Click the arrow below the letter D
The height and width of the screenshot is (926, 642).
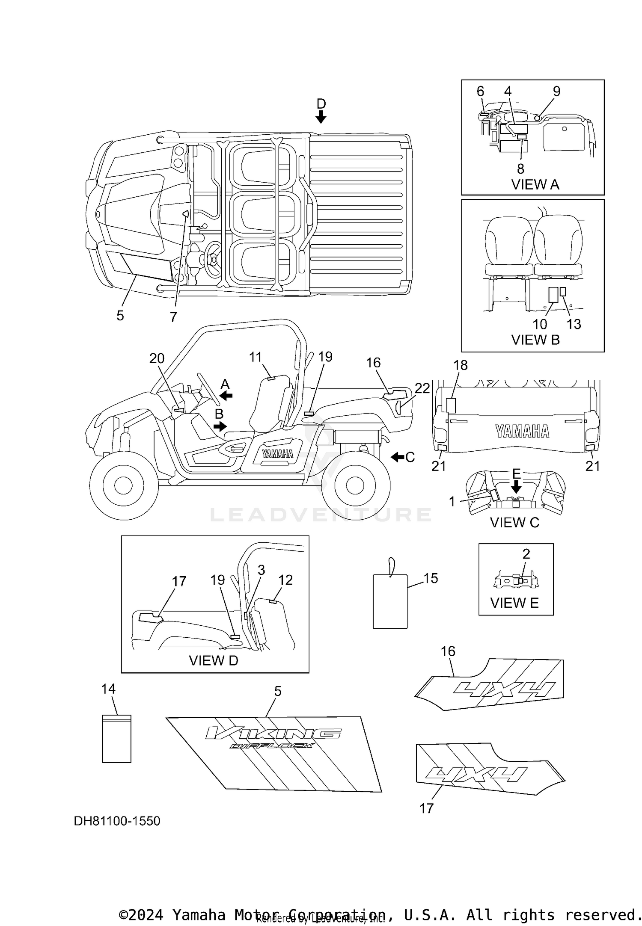[321, 116]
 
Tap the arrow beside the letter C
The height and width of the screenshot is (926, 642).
[398, 457]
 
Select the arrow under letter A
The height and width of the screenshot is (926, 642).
[226, 396]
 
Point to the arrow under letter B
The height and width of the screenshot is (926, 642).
[220, 426]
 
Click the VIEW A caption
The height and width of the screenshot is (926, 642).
[535, 185]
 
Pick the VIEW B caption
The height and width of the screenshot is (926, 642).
[535, 340]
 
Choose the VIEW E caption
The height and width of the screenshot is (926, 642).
[514, 603]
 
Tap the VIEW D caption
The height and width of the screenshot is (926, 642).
[214, 660]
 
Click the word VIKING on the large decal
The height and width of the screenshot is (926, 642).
[273, 734]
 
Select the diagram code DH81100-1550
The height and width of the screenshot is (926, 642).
[117, 821]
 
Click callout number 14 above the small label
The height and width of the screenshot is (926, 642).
[109, 689]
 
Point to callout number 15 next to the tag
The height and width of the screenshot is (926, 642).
[431, 578]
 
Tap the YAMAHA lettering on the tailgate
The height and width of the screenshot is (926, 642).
[522, 431]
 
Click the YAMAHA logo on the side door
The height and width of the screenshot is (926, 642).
[278, 454]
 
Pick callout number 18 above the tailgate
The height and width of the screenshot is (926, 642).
[461, 365]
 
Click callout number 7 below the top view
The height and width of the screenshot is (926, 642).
[173, 317]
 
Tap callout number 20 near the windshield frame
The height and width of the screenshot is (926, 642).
[157, 358]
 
